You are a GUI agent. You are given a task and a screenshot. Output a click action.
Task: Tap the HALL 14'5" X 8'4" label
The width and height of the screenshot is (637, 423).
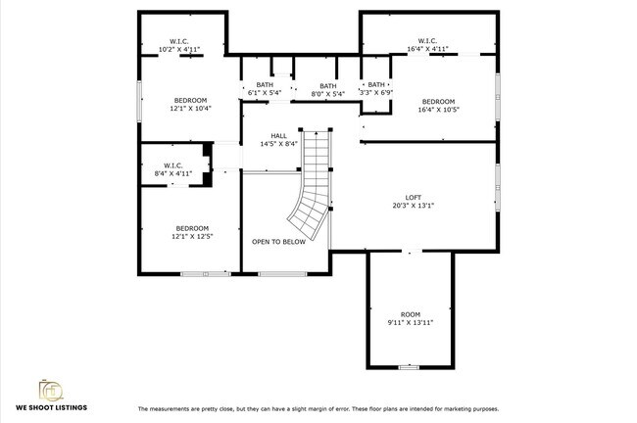tap(279, 139)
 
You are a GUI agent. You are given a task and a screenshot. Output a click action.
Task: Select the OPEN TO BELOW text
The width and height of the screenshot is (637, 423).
tap(278, 241)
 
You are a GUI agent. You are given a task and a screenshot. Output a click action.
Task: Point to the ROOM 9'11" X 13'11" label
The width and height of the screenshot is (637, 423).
tap(410, 318)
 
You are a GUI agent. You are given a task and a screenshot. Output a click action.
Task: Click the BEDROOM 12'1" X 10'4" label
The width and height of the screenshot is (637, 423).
tap(191, 105)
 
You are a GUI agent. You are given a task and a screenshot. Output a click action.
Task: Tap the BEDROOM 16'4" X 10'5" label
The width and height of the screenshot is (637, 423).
tap(438, 106)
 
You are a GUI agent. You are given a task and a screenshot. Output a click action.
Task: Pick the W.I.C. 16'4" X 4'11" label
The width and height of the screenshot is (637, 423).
tap(427, 44)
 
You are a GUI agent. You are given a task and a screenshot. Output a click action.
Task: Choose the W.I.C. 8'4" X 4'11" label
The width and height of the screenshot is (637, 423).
tap(172, 169)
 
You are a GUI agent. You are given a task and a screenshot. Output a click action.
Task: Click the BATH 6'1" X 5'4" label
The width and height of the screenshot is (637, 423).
tap(265, 89)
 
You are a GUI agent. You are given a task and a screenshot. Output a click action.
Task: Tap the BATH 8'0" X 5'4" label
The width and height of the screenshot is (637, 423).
tap(327, 89)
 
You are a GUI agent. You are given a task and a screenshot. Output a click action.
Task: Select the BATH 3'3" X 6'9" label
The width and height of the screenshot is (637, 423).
tap(376, 89)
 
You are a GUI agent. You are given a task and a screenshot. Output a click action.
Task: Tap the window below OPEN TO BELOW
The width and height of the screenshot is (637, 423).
tap(281, 273)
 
